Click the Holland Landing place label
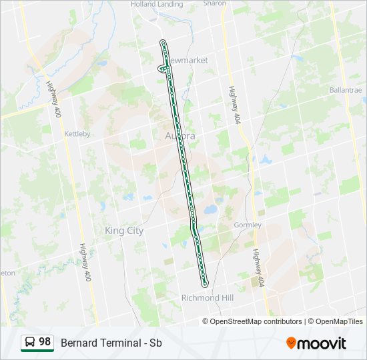pyautogui.click(x=156, y=3)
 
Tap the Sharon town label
pyautogui.click(x=215, y=3)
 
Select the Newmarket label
pyautogui.click(x=187, y=61)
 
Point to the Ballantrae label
pyautogui.click(x=345, y=89)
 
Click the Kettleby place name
pyautogui.click(x=77, y=134)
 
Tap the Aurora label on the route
pyautogui.click(x=179, y=136)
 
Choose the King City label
pyautogui.click(x=124, y=231)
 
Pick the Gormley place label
pyautogui.click(x=248, y=225)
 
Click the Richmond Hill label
pyautogui.click(x=207, y=298)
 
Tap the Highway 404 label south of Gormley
pyautogui.click(x=258, y=268)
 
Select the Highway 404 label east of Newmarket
pyautogui.click(x=234, y=105)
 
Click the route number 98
pyautogui.click(x=45, y=342)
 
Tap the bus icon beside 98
pyautogui.click(x=30, y=343)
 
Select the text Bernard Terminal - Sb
pyautogui.click(x=111, y=343)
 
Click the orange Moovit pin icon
pyautogui.click(x=292, y=343)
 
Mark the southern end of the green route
pyautogui.click(x=206, y=283)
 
